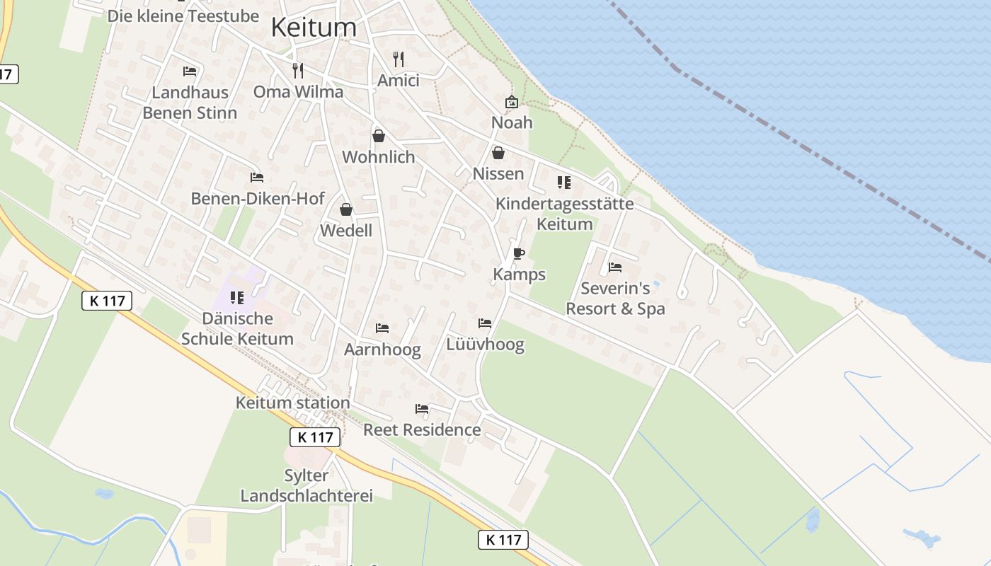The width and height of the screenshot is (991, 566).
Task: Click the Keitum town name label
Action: click(x=314, y=27)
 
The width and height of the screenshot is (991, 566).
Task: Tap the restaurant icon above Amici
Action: click(x=399, y=59)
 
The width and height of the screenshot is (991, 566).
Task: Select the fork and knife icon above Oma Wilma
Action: click(x=298, y=71)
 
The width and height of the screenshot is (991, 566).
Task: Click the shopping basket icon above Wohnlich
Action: click(x=379, y=136)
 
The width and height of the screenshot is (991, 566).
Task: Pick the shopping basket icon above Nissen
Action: click(x=498, y=153)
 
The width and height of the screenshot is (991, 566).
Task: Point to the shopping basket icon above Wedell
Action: click(x=346, y=209)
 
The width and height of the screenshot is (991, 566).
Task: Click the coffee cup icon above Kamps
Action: click(x=519, y=253)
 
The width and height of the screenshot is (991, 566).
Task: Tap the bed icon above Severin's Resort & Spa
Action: click(x=615, y=267)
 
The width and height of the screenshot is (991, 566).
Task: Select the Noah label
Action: click(x=512, y=122)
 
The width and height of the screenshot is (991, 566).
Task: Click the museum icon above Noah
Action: click(x=512, y=103)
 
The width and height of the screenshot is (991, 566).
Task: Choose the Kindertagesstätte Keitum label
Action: click(x=564, y=214)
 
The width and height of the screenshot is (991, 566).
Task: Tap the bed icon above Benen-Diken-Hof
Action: click(x=257, y=178)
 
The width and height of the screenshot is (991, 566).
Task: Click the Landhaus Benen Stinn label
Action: click(x=190, y=103)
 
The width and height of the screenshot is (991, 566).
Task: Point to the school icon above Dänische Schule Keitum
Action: click(x=237, y=298)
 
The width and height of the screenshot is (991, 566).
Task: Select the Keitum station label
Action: click(x=292, y=403)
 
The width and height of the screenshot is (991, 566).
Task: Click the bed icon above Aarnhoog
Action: click(x=382, y=328)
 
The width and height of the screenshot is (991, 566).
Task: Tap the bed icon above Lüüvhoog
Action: click(x=485, y=323)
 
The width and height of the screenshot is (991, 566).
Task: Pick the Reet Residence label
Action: click(x=422, y=429)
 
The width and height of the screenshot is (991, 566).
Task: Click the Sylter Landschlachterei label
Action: click(x=307, y=485)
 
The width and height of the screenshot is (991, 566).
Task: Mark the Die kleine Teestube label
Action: click(x=183, y=16)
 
